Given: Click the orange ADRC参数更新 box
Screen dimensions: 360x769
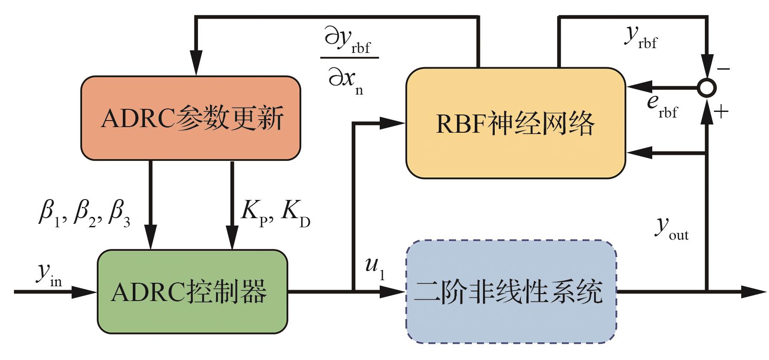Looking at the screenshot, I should pyautogui.click(x=191, y=118).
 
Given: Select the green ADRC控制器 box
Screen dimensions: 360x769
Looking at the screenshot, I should pyautogui.click(x=192, y=291).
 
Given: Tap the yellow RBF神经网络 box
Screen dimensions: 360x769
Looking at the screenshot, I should pyautogui.click(x=515, y=123).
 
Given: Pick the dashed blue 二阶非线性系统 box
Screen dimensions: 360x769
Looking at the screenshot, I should pyautogui.click(x=511, y=291).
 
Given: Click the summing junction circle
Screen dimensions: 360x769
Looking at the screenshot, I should pyautogui.click(x=707, y=88).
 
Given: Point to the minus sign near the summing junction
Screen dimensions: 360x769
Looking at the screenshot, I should pyautogui.click(x=724, y=69).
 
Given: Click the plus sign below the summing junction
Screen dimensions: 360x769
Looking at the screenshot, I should pyautogui.click(x=721, y=112).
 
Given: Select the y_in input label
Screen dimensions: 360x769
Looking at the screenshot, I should pyautogui.click(x=49, y=274).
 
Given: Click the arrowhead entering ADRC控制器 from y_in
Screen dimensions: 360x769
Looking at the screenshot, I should pyautogui.click(x=85, y=292).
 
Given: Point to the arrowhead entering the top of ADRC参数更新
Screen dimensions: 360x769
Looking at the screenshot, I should pyautogui.click(x=197, y=66).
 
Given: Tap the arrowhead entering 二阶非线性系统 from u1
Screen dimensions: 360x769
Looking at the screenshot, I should pyautogui.click(x=393, y=292).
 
